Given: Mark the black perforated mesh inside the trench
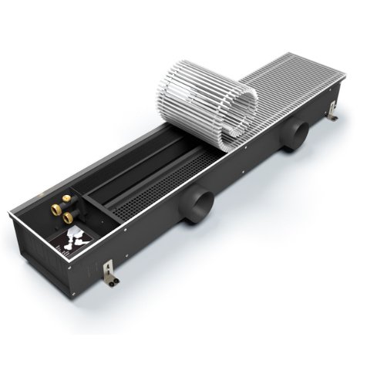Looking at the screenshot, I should tap(154, 189).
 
